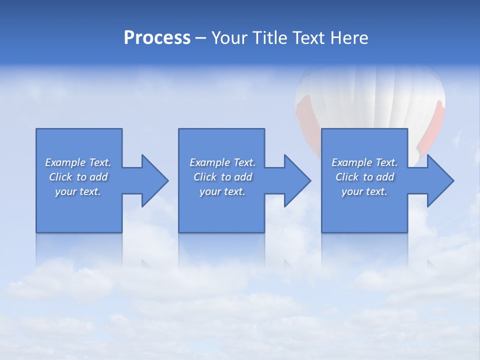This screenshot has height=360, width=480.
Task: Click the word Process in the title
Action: pyautogui.click(x=157, y=38)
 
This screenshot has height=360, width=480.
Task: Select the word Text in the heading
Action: pyautogui.click(x=309, y=38)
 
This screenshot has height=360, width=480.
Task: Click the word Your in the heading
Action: pyautogui.click(x=229, y=38)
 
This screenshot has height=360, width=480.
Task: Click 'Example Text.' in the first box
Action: pyautogui.click(x=78, y=162)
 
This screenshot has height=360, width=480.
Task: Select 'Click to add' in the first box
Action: pyautogui.click(x=78, y=177)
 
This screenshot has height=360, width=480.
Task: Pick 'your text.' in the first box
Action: pyautogui.click(x=78, y=191)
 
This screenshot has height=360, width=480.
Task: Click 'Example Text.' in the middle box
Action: pyautogui.click(x=222, y=162)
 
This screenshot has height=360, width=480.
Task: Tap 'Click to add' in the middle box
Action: pyautogui.click(x=222, y=177)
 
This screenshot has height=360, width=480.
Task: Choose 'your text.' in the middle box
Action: pyautogui.click(x=222, y=191)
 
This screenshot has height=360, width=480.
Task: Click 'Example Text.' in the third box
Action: pyautogui.click(x=364, y=162)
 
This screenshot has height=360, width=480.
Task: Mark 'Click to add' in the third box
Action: pyautogui.click(x=364, y=177)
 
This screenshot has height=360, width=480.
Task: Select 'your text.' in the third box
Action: pyautogui.click(x=364, y=191)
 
